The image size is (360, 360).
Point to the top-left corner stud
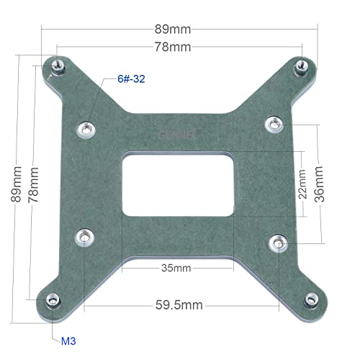[x=55, y=67]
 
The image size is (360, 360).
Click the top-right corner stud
[x=302, y=65]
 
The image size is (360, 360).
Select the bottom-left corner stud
[x=52, y=300]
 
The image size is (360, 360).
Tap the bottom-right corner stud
[x=310, y=299]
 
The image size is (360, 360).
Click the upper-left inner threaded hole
[x=86, y=129]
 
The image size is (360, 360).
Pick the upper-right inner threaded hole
[x=272, y=124]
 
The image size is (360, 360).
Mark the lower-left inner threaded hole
[x=86, y=235]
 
